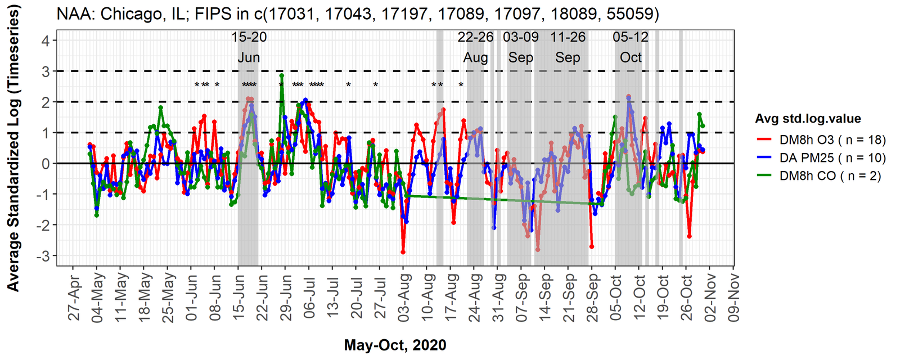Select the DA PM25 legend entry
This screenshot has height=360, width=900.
[x=825, y=158]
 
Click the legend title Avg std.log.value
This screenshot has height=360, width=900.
[x=808, y=119]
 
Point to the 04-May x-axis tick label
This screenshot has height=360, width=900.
[x=98, y=298]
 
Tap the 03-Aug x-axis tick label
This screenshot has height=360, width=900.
[x=404, y=298]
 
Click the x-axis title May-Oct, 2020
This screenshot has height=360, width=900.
[x=395, y=345]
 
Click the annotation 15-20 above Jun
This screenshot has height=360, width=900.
[x=249, y=38]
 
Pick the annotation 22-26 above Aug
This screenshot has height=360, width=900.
[x=475, y=38]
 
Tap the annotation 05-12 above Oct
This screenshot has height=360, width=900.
[x=631, y=38]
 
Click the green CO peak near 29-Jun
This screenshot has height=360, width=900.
[x=281, y=75]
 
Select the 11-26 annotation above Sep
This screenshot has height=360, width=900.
[x=568, y=38]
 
